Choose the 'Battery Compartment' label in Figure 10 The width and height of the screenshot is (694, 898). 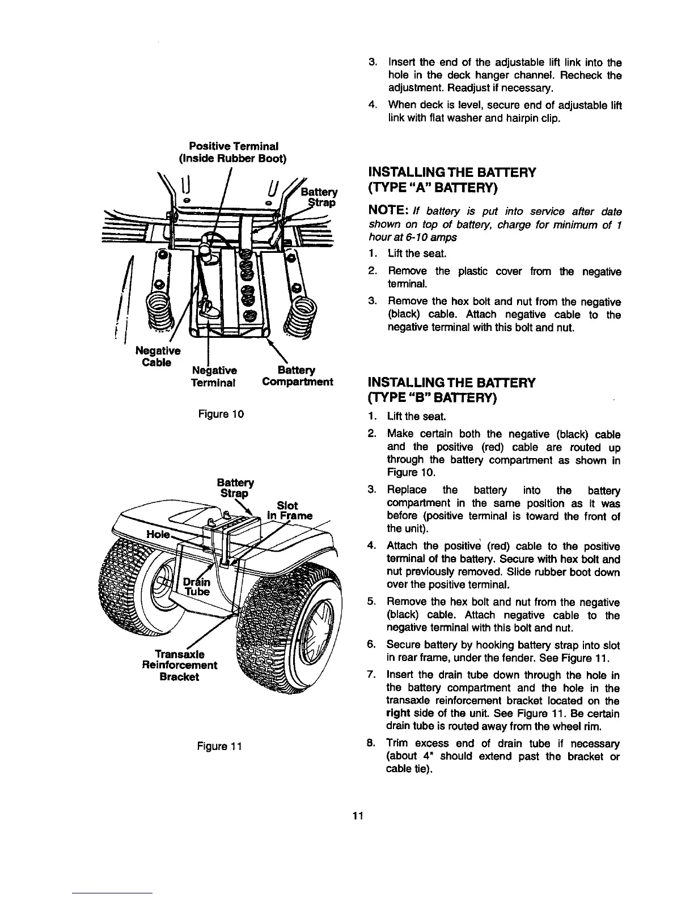[x=298, y=375]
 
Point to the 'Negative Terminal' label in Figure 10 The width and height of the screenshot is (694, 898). [x=213, y=375]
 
